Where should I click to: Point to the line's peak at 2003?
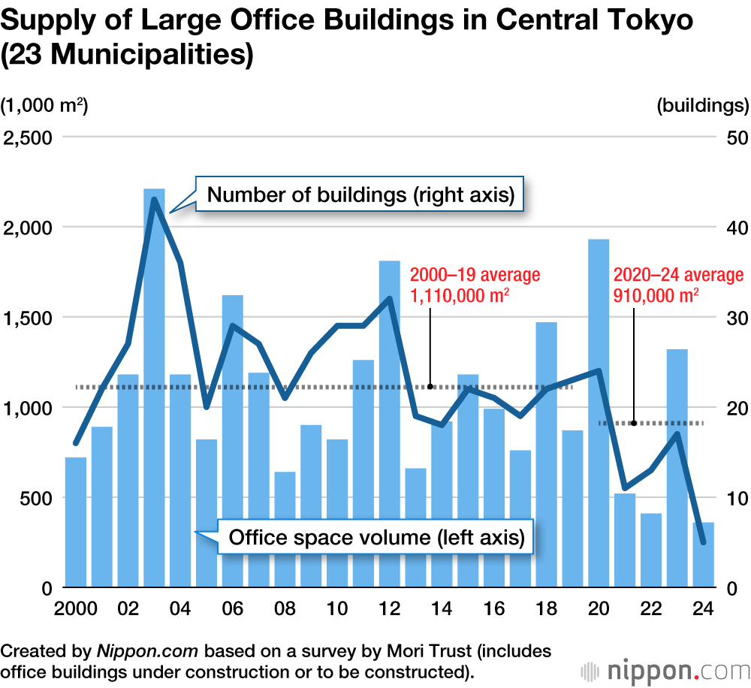point(154,199)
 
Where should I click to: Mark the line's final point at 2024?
point(703,542)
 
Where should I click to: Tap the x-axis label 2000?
point(75,608)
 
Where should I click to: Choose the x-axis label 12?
point(389,608)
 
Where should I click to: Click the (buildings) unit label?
point(702,106)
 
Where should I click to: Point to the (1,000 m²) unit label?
point(44,106)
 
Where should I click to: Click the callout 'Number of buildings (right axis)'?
point(360,196)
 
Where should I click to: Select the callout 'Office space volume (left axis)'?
point(375,538)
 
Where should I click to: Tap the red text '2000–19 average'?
point(475,276)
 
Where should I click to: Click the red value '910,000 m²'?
point(656,295)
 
